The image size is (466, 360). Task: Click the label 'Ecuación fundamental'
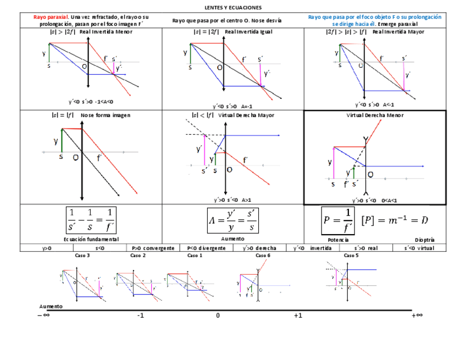pyautogui.click(x=91, y=239)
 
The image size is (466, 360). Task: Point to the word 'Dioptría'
pyautogui.click(x=424, y=240)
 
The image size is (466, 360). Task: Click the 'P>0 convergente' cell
pyautogui.click(x=153, y=248)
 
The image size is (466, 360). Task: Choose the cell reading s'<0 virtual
pyautogui.click(x=419, y=248)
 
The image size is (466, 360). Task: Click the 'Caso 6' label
pyautogui.click(x=263, y=256)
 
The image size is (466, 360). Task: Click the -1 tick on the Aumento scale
pyautogui.click(x=141, y=315)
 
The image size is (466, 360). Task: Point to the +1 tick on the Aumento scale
pyautogui.click(x=298, y=315)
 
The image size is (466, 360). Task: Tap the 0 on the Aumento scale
pyautogui.click(x=218, y=315)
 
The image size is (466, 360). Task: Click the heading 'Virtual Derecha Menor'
pyautogui.click(x=375, y=115)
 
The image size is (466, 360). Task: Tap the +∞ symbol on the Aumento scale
pyautogui.click(x=417, y=315)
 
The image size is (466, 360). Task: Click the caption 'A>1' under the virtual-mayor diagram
pyautogui.click(x=246, y=200)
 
